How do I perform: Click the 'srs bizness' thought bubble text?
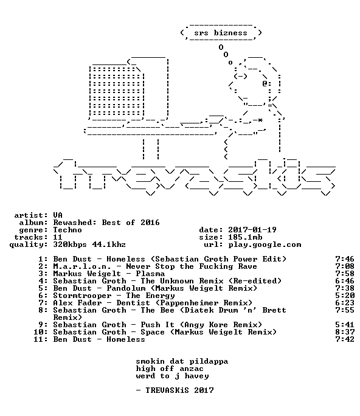(x=221, y=33)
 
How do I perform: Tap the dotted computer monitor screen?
(x=117, y=91)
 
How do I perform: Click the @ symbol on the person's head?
(x=265, y=84)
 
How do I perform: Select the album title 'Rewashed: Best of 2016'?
(x=106, y=223)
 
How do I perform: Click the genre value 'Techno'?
(x=67, y=230)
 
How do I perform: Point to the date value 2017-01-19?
(x=252, y=230)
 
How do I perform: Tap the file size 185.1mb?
(x=245, y=237)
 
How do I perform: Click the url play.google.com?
(x=265, y=244)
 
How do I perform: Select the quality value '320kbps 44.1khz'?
(x=89, y=244)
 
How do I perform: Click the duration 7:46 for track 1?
(x=345, y=259)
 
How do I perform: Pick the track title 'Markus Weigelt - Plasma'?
(x=109, y=274)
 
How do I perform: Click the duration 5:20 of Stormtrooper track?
(x=345, y=296)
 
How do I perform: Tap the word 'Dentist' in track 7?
(x=133, y=303)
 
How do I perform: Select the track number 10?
(x=41, y=332)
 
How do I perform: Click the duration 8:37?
(x=345, y=332)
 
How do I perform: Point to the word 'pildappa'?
(x=209, y=362)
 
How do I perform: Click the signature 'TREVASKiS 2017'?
(x=179, y=390)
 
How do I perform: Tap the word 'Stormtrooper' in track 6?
(x=82, y=296)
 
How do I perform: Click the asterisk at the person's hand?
(x=260, y=120)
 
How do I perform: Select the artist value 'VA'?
(x=58, y=215)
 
